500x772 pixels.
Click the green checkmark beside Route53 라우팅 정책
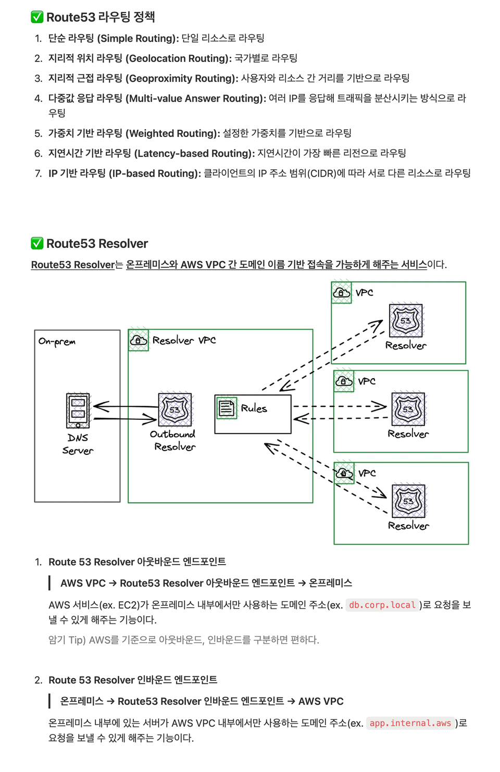(x=37, y=17)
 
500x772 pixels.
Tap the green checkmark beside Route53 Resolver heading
(x=37, y=243)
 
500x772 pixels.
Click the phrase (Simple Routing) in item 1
(x=138, y=38)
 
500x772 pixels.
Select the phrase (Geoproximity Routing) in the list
(x=182, y=78)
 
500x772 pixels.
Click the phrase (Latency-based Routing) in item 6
(x=194, y=153)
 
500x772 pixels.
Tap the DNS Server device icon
(x=78, y=410)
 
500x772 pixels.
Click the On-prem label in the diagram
(x=57, y=342)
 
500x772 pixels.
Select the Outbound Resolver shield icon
(x=174, y=410)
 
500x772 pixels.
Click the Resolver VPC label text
(x=184, y=341)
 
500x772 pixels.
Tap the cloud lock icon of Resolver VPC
(x=138, y=340)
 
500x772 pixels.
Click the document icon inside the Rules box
(x=227, y=408)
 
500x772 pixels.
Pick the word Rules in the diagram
(x=254, y=408)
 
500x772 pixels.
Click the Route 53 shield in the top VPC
(x=406, y=320)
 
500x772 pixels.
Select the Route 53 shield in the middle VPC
(x=408, y=409)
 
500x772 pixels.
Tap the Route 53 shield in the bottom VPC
(x=408, y=501)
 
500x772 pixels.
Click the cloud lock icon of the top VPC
(x=341, y=293)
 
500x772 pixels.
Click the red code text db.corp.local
(x=382, y=605)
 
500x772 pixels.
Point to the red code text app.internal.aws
(x=410, y=723)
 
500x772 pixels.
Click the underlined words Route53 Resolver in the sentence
(x=73, y=265)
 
